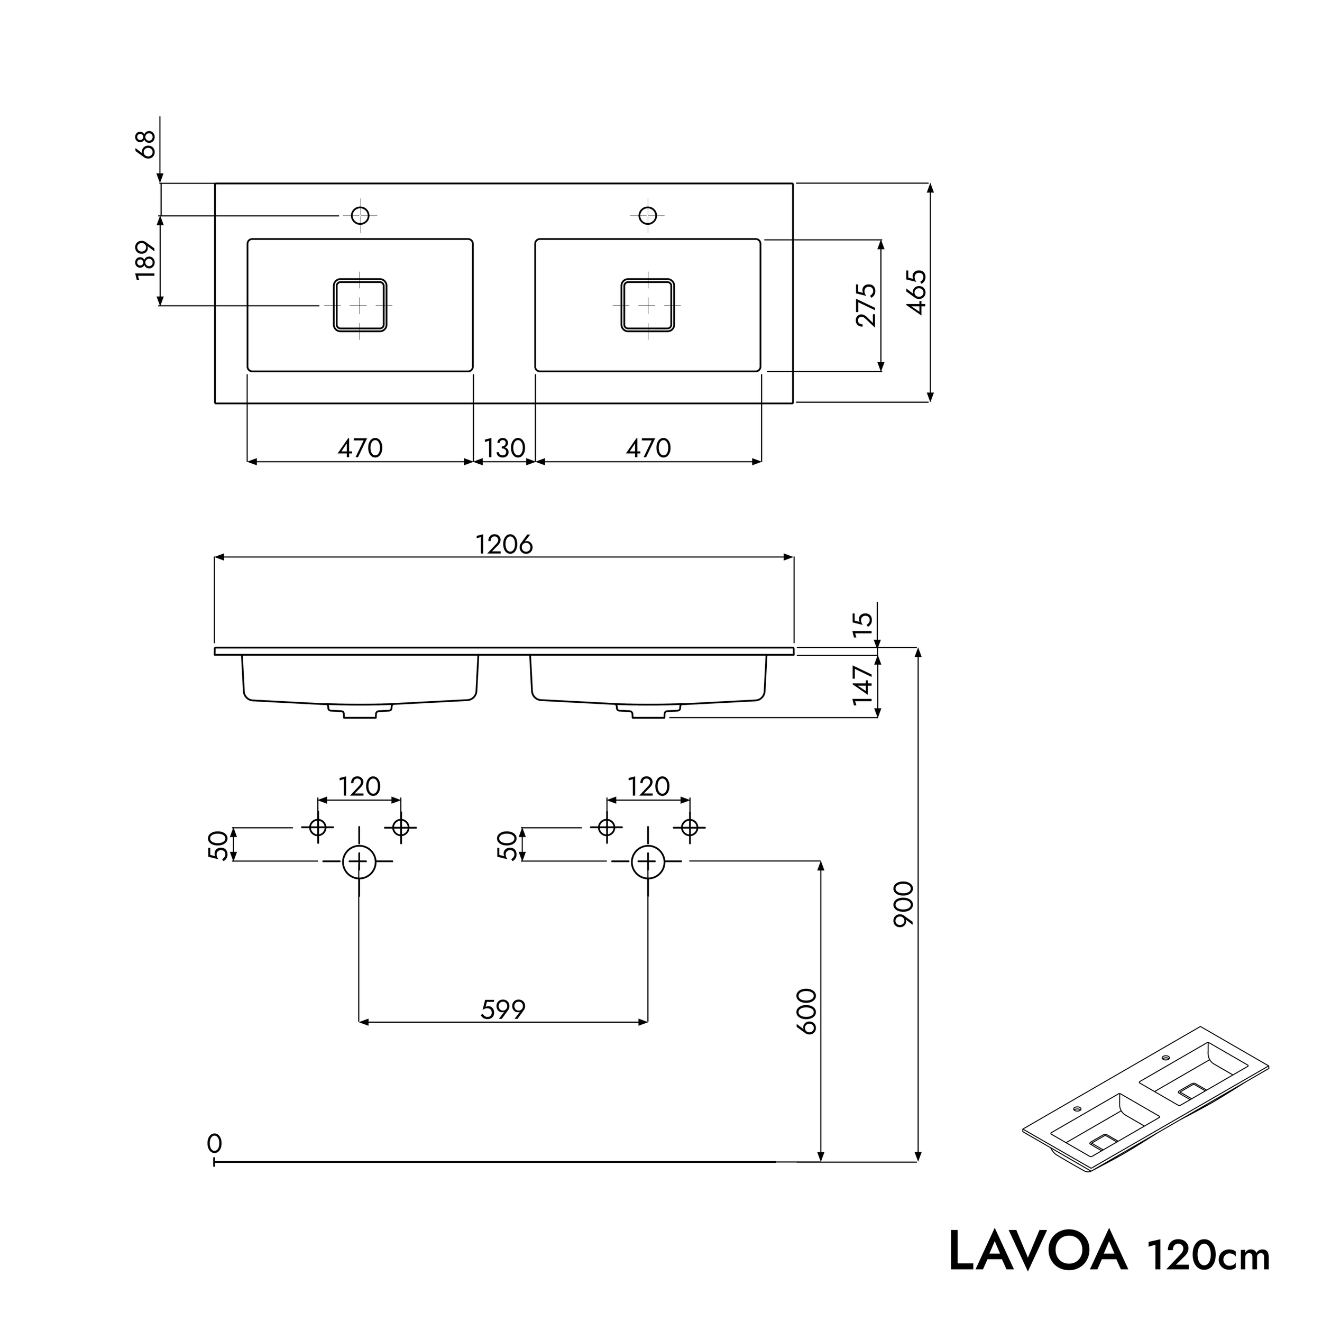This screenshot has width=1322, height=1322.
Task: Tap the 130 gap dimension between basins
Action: tap(504, 448)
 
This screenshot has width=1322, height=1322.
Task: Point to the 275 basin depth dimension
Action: tap(866, 305)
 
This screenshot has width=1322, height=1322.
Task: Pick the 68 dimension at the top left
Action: tap(146, 144)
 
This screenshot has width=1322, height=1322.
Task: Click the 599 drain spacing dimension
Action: tap(503, 1009)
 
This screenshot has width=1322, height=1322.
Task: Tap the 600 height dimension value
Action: tap(807, 1012)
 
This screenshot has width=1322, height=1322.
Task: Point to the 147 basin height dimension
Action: tap(864, 684)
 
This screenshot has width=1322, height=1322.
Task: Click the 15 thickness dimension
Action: tap(864, 625)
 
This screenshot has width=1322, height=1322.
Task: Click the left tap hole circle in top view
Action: tap(360, 216)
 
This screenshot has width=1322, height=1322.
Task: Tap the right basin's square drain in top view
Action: tap(647, 305)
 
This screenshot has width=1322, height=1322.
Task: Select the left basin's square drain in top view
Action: tap(360, 305)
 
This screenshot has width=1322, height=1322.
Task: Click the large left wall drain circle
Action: tap(359, 861)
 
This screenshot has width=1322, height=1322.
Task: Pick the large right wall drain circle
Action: tap(647, 861)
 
